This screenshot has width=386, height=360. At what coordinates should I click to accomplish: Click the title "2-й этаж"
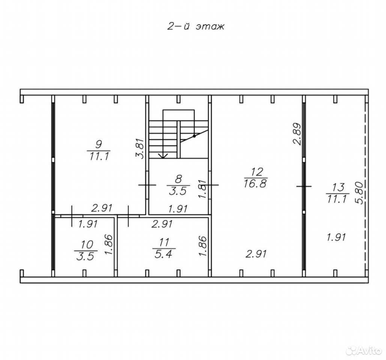point(196,26)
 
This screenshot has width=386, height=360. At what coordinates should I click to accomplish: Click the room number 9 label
point(99,144)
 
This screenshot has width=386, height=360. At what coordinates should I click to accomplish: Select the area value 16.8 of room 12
point(256,183)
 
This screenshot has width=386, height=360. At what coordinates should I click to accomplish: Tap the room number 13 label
point(338,187)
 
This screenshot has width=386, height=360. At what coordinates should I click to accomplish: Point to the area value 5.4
point(163,254)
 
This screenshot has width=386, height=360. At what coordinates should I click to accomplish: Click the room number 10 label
point(87,244)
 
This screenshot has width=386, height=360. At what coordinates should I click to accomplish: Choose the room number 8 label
point(179,179)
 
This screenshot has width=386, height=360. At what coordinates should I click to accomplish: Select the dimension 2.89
point(297,134)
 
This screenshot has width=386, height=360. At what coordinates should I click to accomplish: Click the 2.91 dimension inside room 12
point(256,254)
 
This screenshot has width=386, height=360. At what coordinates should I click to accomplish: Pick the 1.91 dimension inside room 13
point(336,237)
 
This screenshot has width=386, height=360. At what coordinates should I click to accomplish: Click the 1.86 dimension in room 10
point(109,244)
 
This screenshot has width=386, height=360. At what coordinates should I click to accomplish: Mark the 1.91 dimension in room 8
point(178,209)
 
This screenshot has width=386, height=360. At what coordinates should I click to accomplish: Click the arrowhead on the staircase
point(163,156)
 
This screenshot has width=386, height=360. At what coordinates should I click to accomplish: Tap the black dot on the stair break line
point(194,136)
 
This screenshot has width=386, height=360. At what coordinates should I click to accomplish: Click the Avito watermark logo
point(363,350)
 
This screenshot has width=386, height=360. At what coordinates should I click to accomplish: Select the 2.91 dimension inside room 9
point(102,208)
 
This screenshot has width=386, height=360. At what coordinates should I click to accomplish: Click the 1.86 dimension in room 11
point(202,246)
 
